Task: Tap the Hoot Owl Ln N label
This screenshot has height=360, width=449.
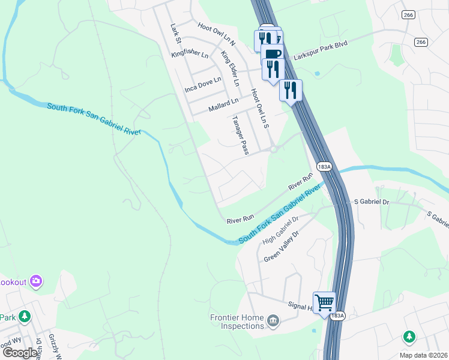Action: pyautogui.click(x=216, y=35)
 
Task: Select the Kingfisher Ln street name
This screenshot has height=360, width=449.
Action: pyautogui.click(x=190, y=55)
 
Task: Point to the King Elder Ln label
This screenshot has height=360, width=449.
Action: pyautogui.click(x=230, y=68)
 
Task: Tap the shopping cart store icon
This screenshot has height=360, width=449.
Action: pyautogui.click(x=324, y=302)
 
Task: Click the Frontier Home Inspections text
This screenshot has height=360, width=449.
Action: pyautogui.click(x=237, y=322)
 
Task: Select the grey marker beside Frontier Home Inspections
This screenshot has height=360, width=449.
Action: pyautogui.click(x=273, y=321)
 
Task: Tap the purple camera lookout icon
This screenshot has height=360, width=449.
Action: pyautogui.click(x=36, y=281)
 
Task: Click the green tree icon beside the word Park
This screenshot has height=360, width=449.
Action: pyautogui.click(x=24, y=316)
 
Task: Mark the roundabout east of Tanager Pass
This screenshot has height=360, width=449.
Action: pyautogui.click(x=273, y=149)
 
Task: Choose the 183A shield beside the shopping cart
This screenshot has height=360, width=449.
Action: pyautogui.click(x=338, y=315)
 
